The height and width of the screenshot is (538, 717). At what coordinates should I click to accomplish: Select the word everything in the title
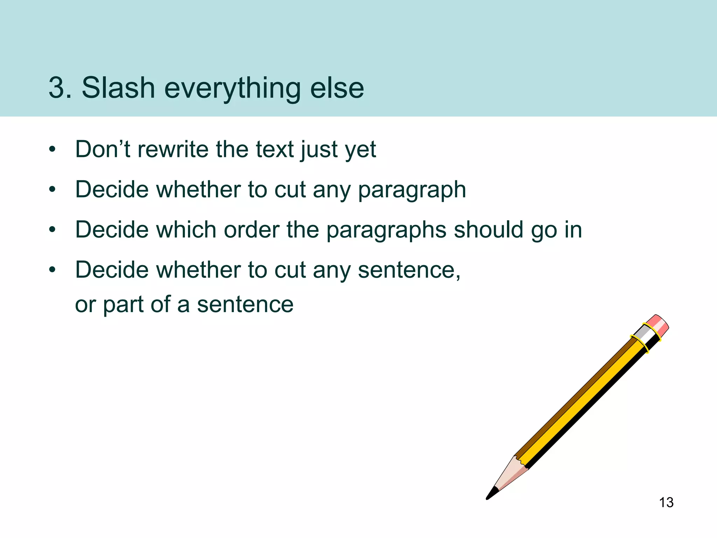tap(232, 88)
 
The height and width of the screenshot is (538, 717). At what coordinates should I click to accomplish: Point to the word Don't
tap(103, 149)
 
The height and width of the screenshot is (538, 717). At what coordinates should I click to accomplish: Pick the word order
tap(251, 230)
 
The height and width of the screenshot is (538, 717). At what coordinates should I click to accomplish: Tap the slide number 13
tap(666, 503)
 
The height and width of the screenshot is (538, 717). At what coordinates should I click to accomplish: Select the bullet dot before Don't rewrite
tap(53, 150)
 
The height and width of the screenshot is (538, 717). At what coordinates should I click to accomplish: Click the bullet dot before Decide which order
tap(53, 230)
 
